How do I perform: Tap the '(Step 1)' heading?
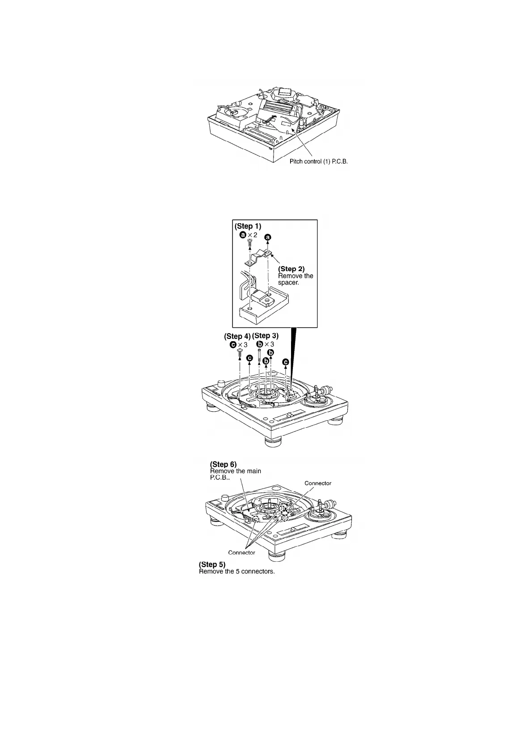[x=248, y=226]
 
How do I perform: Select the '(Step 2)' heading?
[x=291, y=269]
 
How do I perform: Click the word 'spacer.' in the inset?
[x=289, y=283]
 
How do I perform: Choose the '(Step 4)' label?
[x=237, y=336]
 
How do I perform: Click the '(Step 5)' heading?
[x=212, y=564]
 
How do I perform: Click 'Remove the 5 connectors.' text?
[x=236, y=571]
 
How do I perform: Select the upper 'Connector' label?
[x=318, y=483]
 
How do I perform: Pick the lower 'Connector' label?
[x=241, y=553]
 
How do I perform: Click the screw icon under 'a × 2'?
[x=250, y=243]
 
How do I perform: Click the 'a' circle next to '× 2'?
[x=242, y=234]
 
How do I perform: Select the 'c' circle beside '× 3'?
[x=232, y=345]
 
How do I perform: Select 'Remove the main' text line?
[x=236, y=471]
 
